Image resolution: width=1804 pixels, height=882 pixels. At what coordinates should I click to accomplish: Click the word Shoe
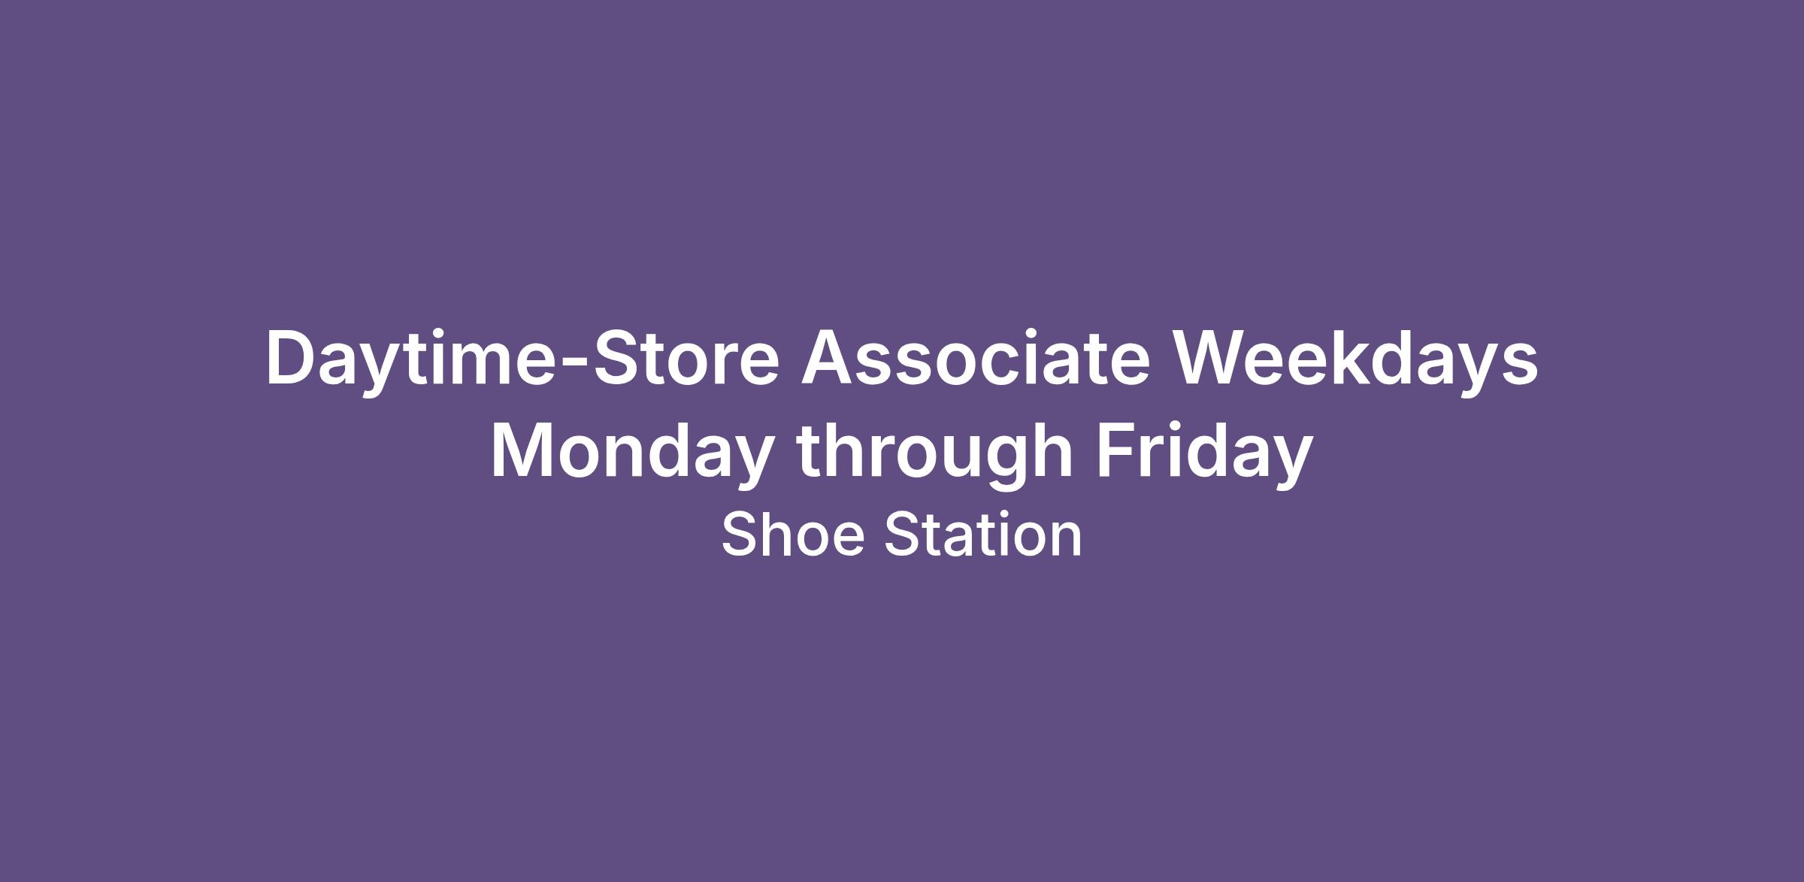tap(793, 534)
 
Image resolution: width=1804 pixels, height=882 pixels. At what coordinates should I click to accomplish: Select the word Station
tap(983, 534)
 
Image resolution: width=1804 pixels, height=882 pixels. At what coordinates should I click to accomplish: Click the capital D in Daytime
tap(290, 359)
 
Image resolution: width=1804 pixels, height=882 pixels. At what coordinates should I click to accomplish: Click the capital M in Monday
tap(524, 451)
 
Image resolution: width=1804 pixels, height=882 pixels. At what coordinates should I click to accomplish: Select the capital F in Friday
tap(1117, 451)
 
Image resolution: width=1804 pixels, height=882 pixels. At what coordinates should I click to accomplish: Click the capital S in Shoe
tap(741, 534)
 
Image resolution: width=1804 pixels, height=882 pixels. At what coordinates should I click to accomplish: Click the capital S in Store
tap(615, 359)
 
